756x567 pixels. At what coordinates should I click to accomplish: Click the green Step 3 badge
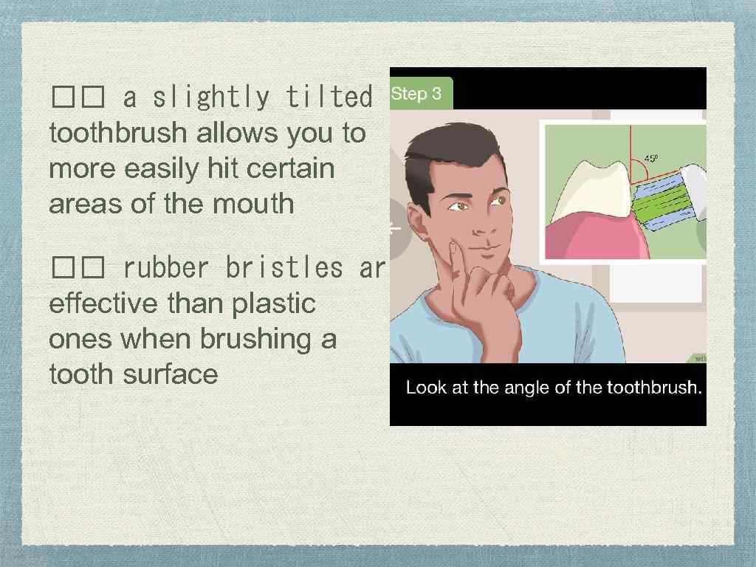coord(418,94)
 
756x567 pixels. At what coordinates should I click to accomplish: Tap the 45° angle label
coord(651,158)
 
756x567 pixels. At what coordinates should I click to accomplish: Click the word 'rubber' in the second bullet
coord(166,268)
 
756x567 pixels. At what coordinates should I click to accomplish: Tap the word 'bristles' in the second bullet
coord(284,268)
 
